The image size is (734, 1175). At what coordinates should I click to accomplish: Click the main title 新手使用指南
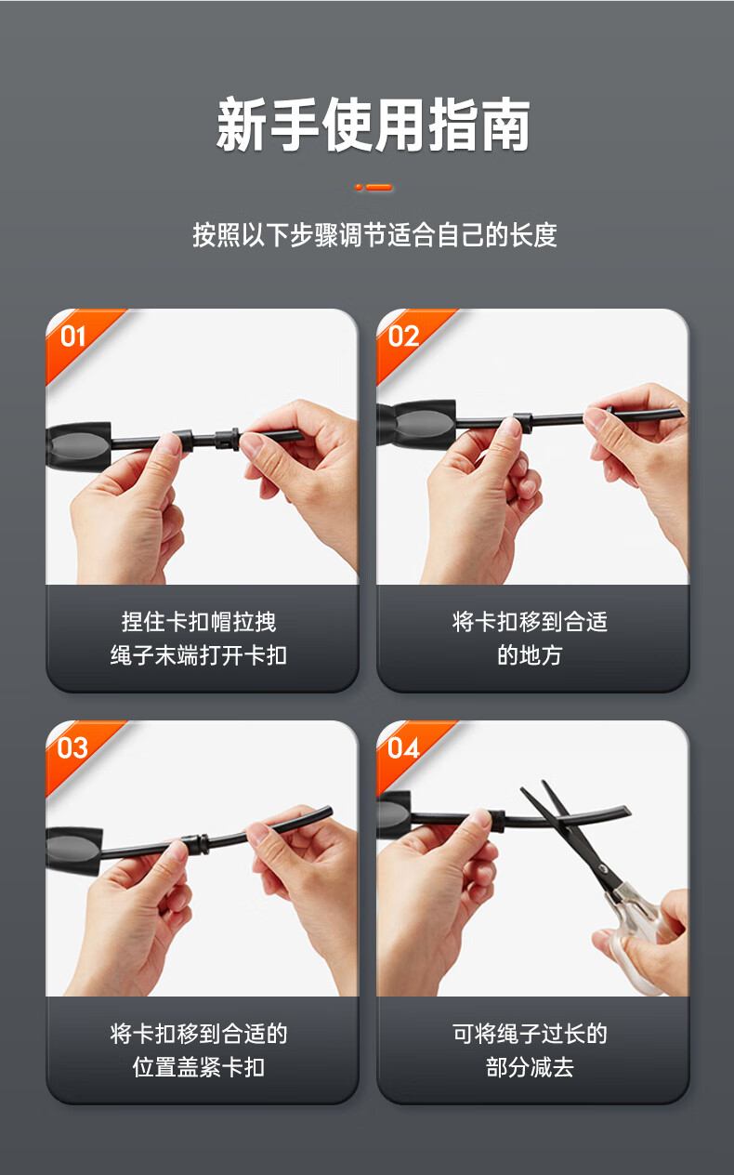point(373,125)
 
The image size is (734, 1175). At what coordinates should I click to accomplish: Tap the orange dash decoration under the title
point(374,187)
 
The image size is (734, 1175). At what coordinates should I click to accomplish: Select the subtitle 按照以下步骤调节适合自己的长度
point(374,234)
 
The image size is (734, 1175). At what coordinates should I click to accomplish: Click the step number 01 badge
point(72,337)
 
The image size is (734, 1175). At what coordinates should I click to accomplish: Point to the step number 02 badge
point(403,337)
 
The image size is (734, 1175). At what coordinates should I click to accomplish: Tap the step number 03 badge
point(72,748)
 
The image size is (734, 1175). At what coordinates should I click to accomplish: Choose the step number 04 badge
point(403,748)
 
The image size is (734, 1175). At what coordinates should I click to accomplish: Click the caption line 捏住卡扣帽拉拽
point(199,622)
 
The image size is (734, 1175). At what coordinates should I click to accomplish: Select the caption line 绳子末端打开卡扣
point(199,655)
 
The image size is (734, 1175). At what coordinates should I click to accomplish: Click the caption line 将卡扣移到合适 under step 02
point(530,622)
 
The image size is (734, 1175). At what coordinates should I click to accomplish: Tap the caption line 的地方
point(530,655)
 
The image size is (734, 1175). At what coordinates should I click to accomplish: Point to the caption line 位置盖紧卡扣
point(199,1067)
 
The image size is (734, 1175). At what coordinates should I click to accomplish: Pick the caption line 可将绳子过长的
point(530,1034)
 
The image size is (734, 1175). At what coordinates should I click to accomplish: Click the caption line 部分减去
point(530,1067)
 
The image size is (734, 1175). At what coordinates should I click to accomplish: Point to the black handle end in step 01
point(79,446)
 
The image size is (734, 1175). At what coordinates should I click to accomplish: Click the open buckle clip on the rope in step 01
point(227,439)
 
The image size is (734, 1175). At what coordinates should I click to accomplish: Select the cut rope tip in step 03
point(327,812)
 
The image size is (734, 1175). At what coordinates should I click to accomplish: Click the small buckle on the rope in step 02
point(523,422)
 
